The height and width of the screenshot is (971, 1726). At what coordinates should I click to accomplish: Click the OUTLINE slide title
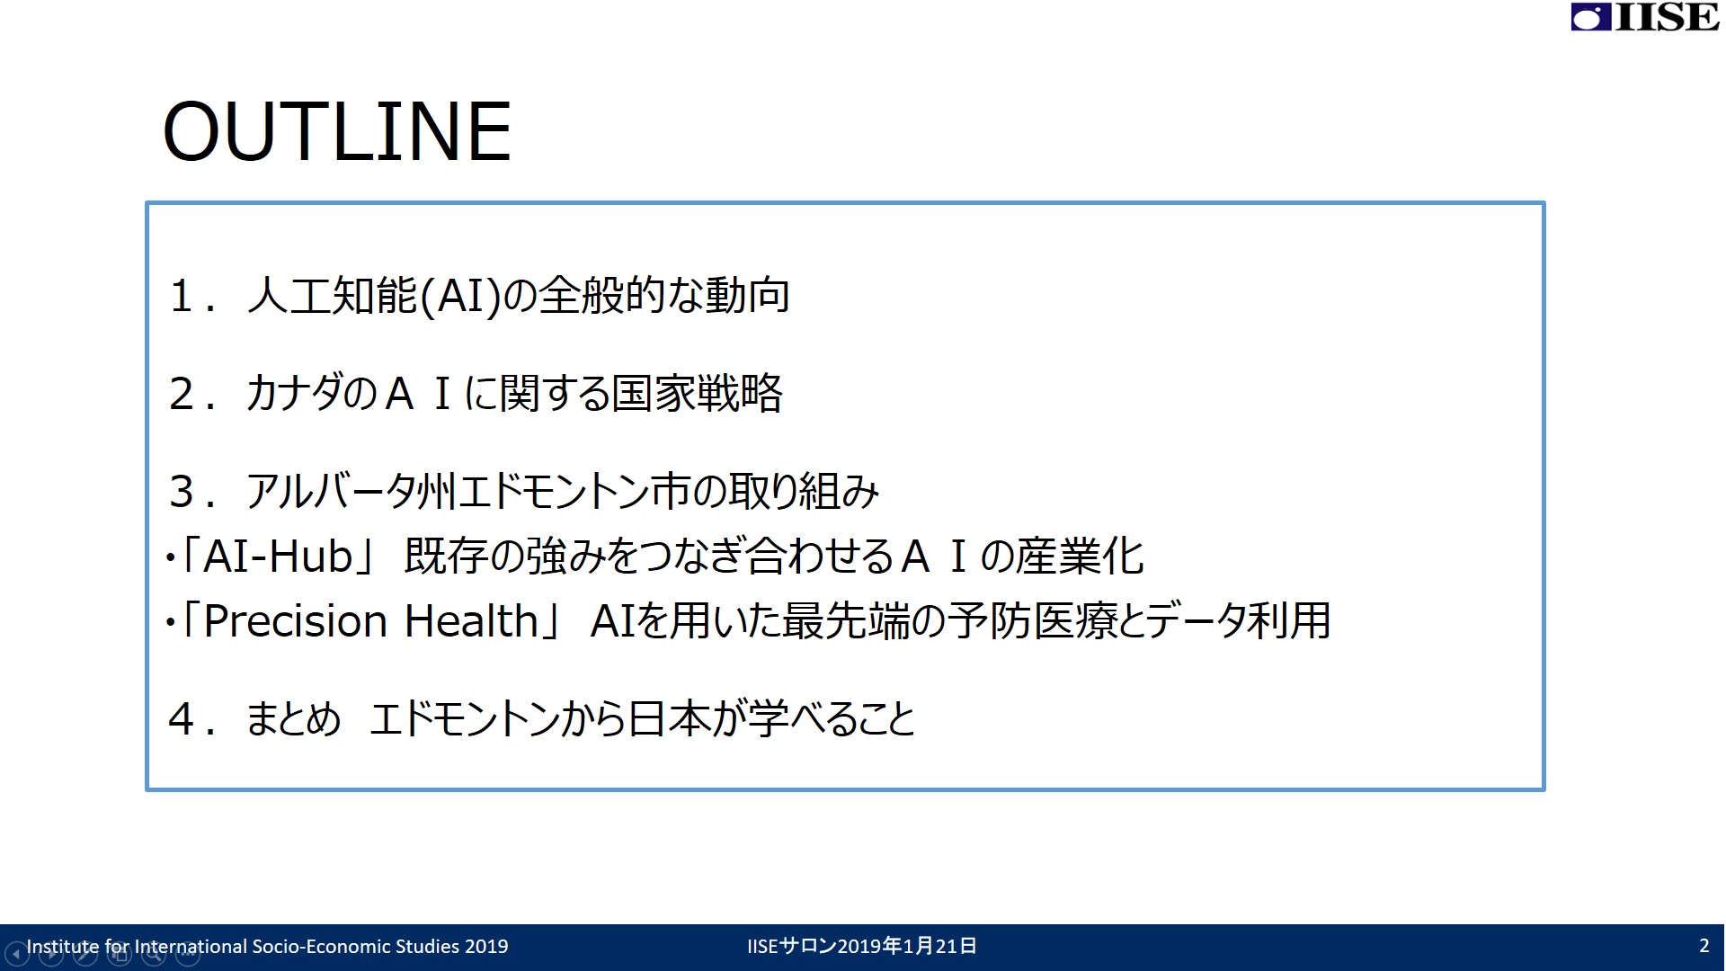click(337, 131)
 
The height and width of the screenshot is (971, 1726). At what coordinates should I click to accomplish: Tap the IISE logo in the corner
click(1645, 17)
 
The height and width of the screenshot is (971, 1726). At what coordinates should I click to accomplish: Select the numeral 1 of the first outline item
click(182, 296)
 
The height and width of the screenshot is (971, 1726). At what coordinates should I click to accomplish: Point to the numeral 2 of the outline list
click(182, 394)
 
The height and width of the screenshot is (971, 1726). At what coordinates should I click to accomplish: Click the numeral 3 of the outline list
click(182, 492)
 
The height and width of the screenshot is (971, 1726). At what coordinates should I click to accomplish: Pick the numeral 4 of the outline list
click(182, 719)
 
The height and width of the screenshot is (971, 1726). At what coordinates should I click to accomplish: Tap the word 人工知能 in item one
click(333, 296)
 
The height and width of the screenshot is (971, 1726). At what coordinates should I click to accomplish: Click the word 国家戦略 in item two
click(698, 394)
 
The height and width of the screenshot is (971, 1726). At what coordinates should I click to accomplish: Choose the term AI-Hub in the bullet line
click(278, 557)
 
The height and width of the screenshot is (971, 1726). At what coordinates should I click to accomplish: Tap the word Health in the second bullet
click(471, 621)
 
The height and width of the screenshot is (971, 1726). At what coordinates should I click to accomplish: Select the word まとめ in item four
click(294, 719)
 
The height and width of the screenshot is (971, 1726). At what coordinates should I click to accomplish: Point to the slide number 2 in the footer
click(1704, 946)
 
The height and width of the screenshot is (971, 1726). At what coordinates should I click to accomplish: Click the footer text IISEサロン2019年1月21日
click(862, 946)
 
